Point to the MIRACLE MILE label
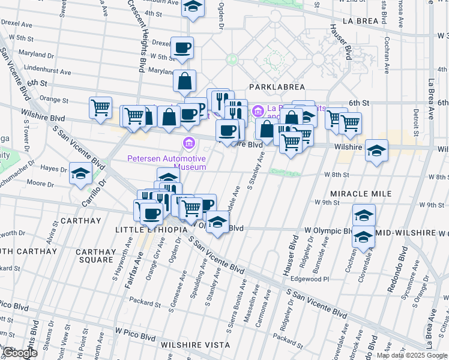[x=361, y=194]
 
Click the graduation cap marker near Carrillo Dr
[x=80, y=173]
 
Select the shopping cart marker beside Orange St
[x=100, y=107]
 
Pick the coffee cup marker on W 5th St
[x=182, y=47]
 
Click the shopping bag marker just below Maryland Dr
[x=185, y=80]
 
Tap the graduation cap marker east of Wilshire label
[x=376, y=150]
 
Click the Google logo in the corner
[x=20, y=353]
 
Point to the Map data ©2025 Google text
[x=412, y=355]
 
